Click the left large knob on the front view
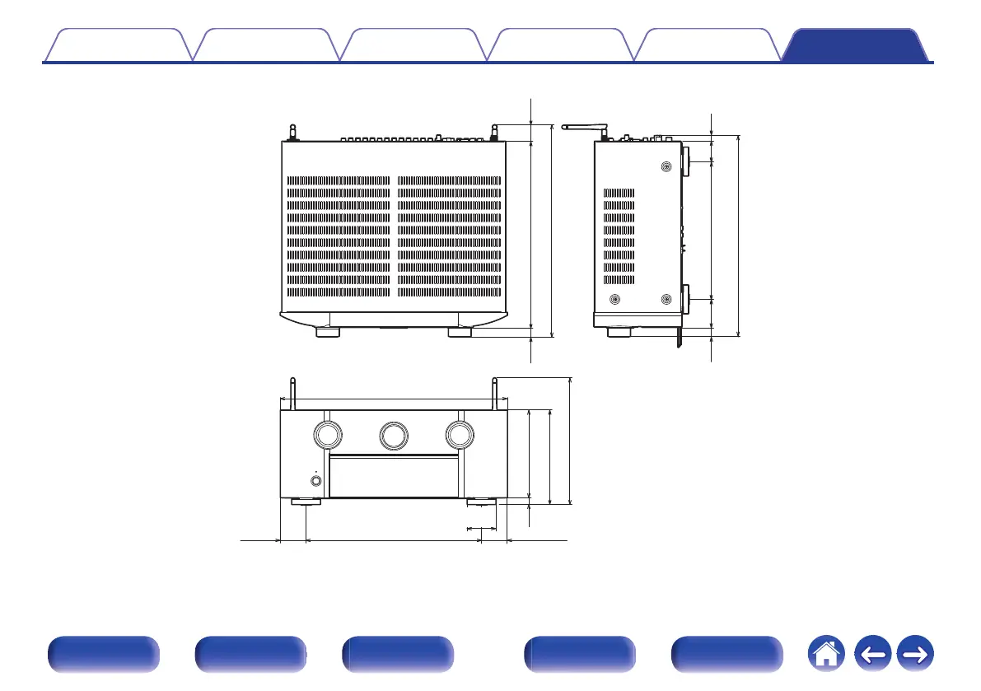(x=327, y=434)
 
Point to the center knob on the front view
(x=393, y=434)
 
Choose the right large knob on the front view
(x=459, y=434)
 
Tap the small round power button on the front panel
(x=315, y=481)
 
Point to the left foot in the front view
(x=306, y=502)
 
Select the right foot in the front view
(x=482, y=502)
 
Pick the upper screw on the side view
(x=666, y=166)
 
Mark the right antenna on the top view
(x=494, y=131)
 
